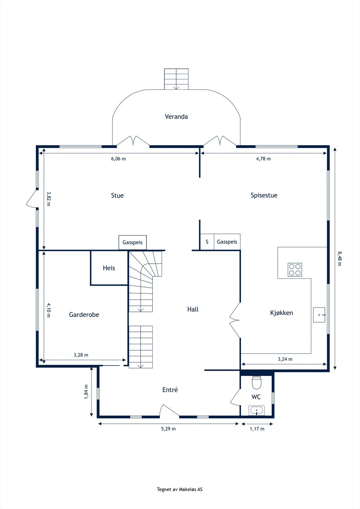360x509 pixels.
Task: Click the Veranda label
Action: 176,116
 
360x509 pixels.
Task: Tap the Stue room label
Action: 117,195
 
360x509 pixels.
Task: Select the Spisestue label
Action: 264,195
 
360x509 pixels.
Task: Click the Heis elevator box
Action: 109,268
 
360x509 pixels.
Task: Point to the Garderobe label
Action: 84,315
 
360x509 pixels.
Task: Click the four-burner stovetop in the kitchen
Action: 295,269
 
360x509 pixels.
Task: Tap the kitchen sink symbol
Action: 319,315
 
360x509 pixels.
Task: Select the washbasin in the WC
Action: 257,410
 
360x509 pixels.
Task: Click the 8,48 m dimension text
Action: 340,258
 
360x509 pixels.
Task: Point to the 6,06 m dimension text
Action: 118,159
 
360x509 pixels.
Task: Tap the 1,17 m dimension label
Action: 257,429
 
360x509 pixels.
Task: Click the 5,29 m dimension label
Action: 168,429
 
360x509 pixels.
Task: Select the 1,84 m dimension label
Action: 86,392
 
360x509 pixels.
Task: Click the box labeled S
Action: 207,242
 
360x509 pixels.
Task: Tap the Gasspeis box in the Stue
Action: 133,242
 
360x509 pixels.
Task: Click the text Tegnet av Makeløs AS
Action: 180,489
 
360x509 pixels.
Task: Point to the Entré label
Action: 170,390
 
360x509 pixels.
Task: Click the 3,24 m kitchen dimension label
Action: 285,359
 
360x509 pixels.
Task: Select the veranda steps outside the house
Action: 176,79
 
